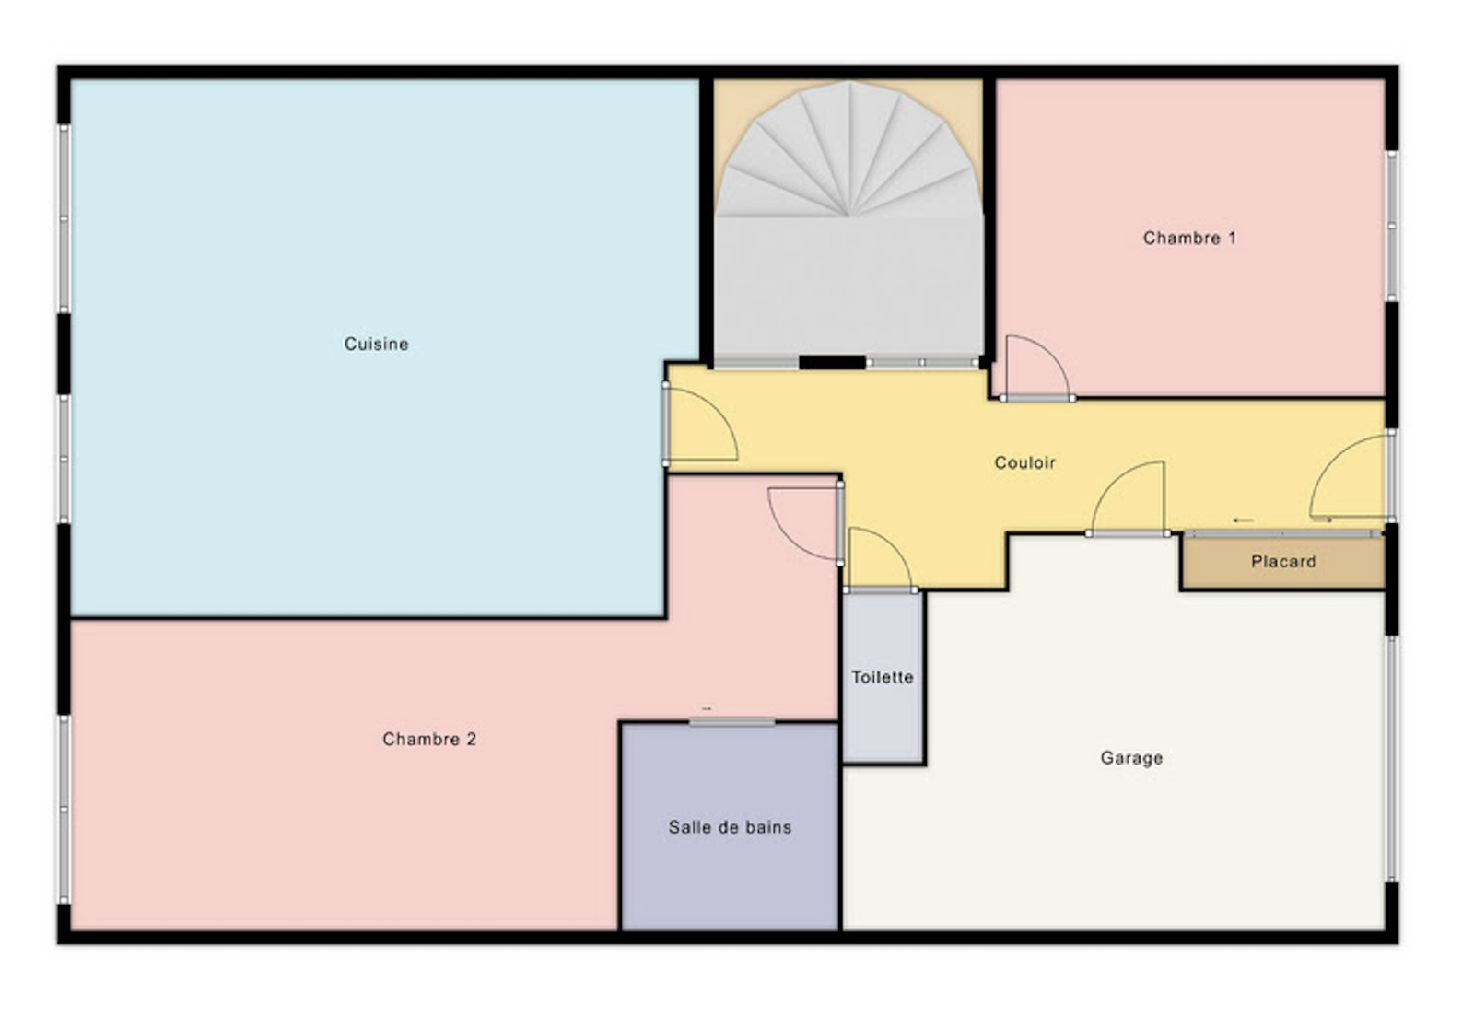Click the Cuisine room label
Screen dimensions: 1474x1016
pyautogui.click(x=377, y=344)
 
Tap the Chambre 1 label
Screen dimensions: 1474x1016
pyautogui.click(x=1189, y=238)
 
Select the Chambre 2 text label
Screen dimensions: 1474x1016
pyautogui.click(x=429, y=739)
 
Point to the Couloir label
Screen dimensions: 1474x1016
pyautogui.click(x=1024, y=462)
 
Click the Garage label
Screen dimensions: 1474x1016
pyautogui.click(x=1131, y=758)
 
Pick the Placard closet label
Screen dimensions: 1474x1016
pyautogui.click(x=1283, y=561)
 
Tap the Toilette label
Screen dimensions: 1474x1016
pyautogui.click(x=883, y=677)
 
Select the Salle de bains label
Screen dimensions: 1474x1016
pyautogui.click(x=730, y=827)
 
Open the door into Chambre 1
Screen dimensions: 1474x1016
pyautogui.click(x=1037, y=368)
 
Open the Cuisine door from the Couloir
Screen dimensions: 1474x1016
pyautogui.click(x=700, y=425)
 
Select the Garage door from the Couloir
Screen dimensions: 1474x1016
pyautogui.click(x=1128, y=499)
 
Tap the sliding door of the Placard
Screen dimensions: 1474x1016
pyautogui.click(x=1283, y=533)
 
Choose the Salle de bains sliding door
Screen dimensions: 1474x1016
pyautogui.click(x=731, y=722)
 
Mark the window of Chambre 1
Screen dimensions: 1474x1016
pyautogui.click(x=1391, y=226)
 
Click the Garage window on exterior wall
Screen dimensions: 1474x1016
pyautogui.click(x=1391, y=759)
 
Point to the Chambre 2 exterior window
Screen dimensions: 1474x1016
pyautogui.click(x=64, y=810)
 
